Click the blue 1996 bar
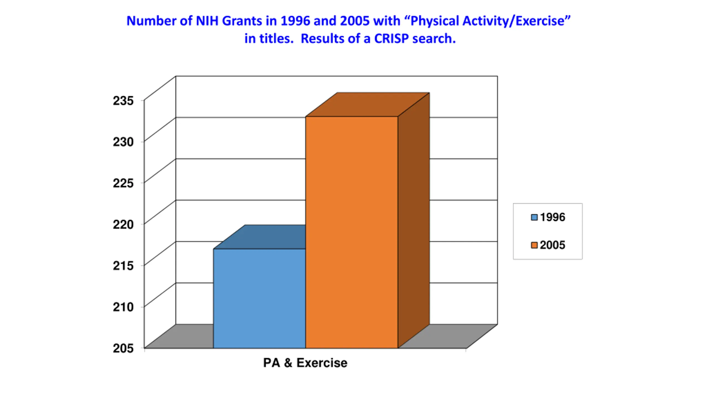[x=259, y=298]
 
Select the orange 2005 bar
[x=351, y=232]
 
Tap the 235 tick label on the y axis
[x=123, y=101]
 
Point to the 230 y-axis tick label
[x=123, y=142]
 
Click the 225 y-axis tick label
[x=123, y=183]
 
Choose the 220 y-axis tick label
[x=123, y=224]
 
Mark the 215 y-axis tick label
[x=123, y=266]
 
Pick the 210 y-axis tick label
[x=123, y=307]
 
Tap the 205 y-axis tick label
[x=123, y=348]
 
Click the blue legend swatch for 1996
[x=534, y=217]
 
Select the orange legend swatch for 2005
[x=534, y=245]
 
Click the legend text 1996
[x=552, y=217]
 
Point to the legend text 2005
[x=552, y=245]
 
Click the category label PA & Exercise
[x=305, y=363]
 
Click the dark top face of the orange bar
[x=367, y=105]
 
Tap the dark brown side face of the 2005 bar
[x=413, y=221]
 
